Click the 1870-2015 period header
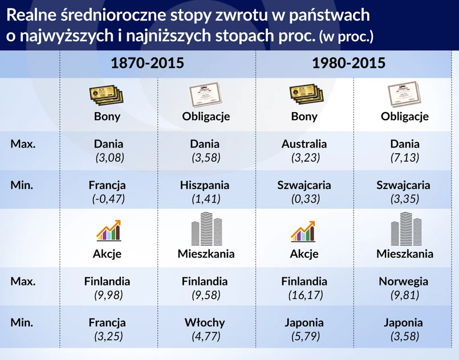(x=147, y=63)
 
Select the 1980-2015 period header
(x=348, y=63)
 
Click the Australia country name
(x=304, y=144)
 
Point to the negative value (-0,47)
(x=108, y=199)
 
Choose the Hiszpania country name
(x=205, y=185)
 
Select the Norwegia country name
(x=403, y=281)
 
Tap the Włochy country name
(x=205, y=322)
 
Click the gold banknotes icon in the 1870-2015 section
(x=106, y=95)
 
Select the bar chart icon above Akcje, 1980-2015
(x=303, y=231)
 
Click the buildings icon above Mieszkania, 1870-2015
(x=206, y=229)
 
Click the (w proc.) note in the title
(x=346, y=37)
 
